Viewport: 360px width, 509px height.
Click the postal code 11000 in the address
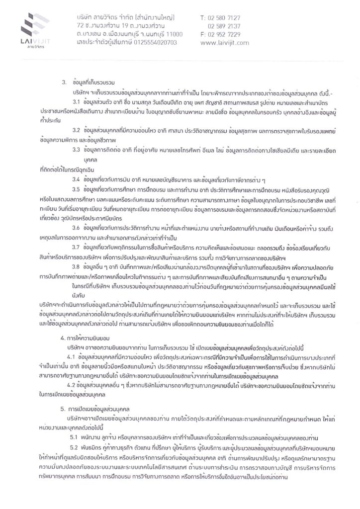click(173, 34)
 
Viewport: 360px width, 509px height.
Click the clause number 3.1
click(77, 101)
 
